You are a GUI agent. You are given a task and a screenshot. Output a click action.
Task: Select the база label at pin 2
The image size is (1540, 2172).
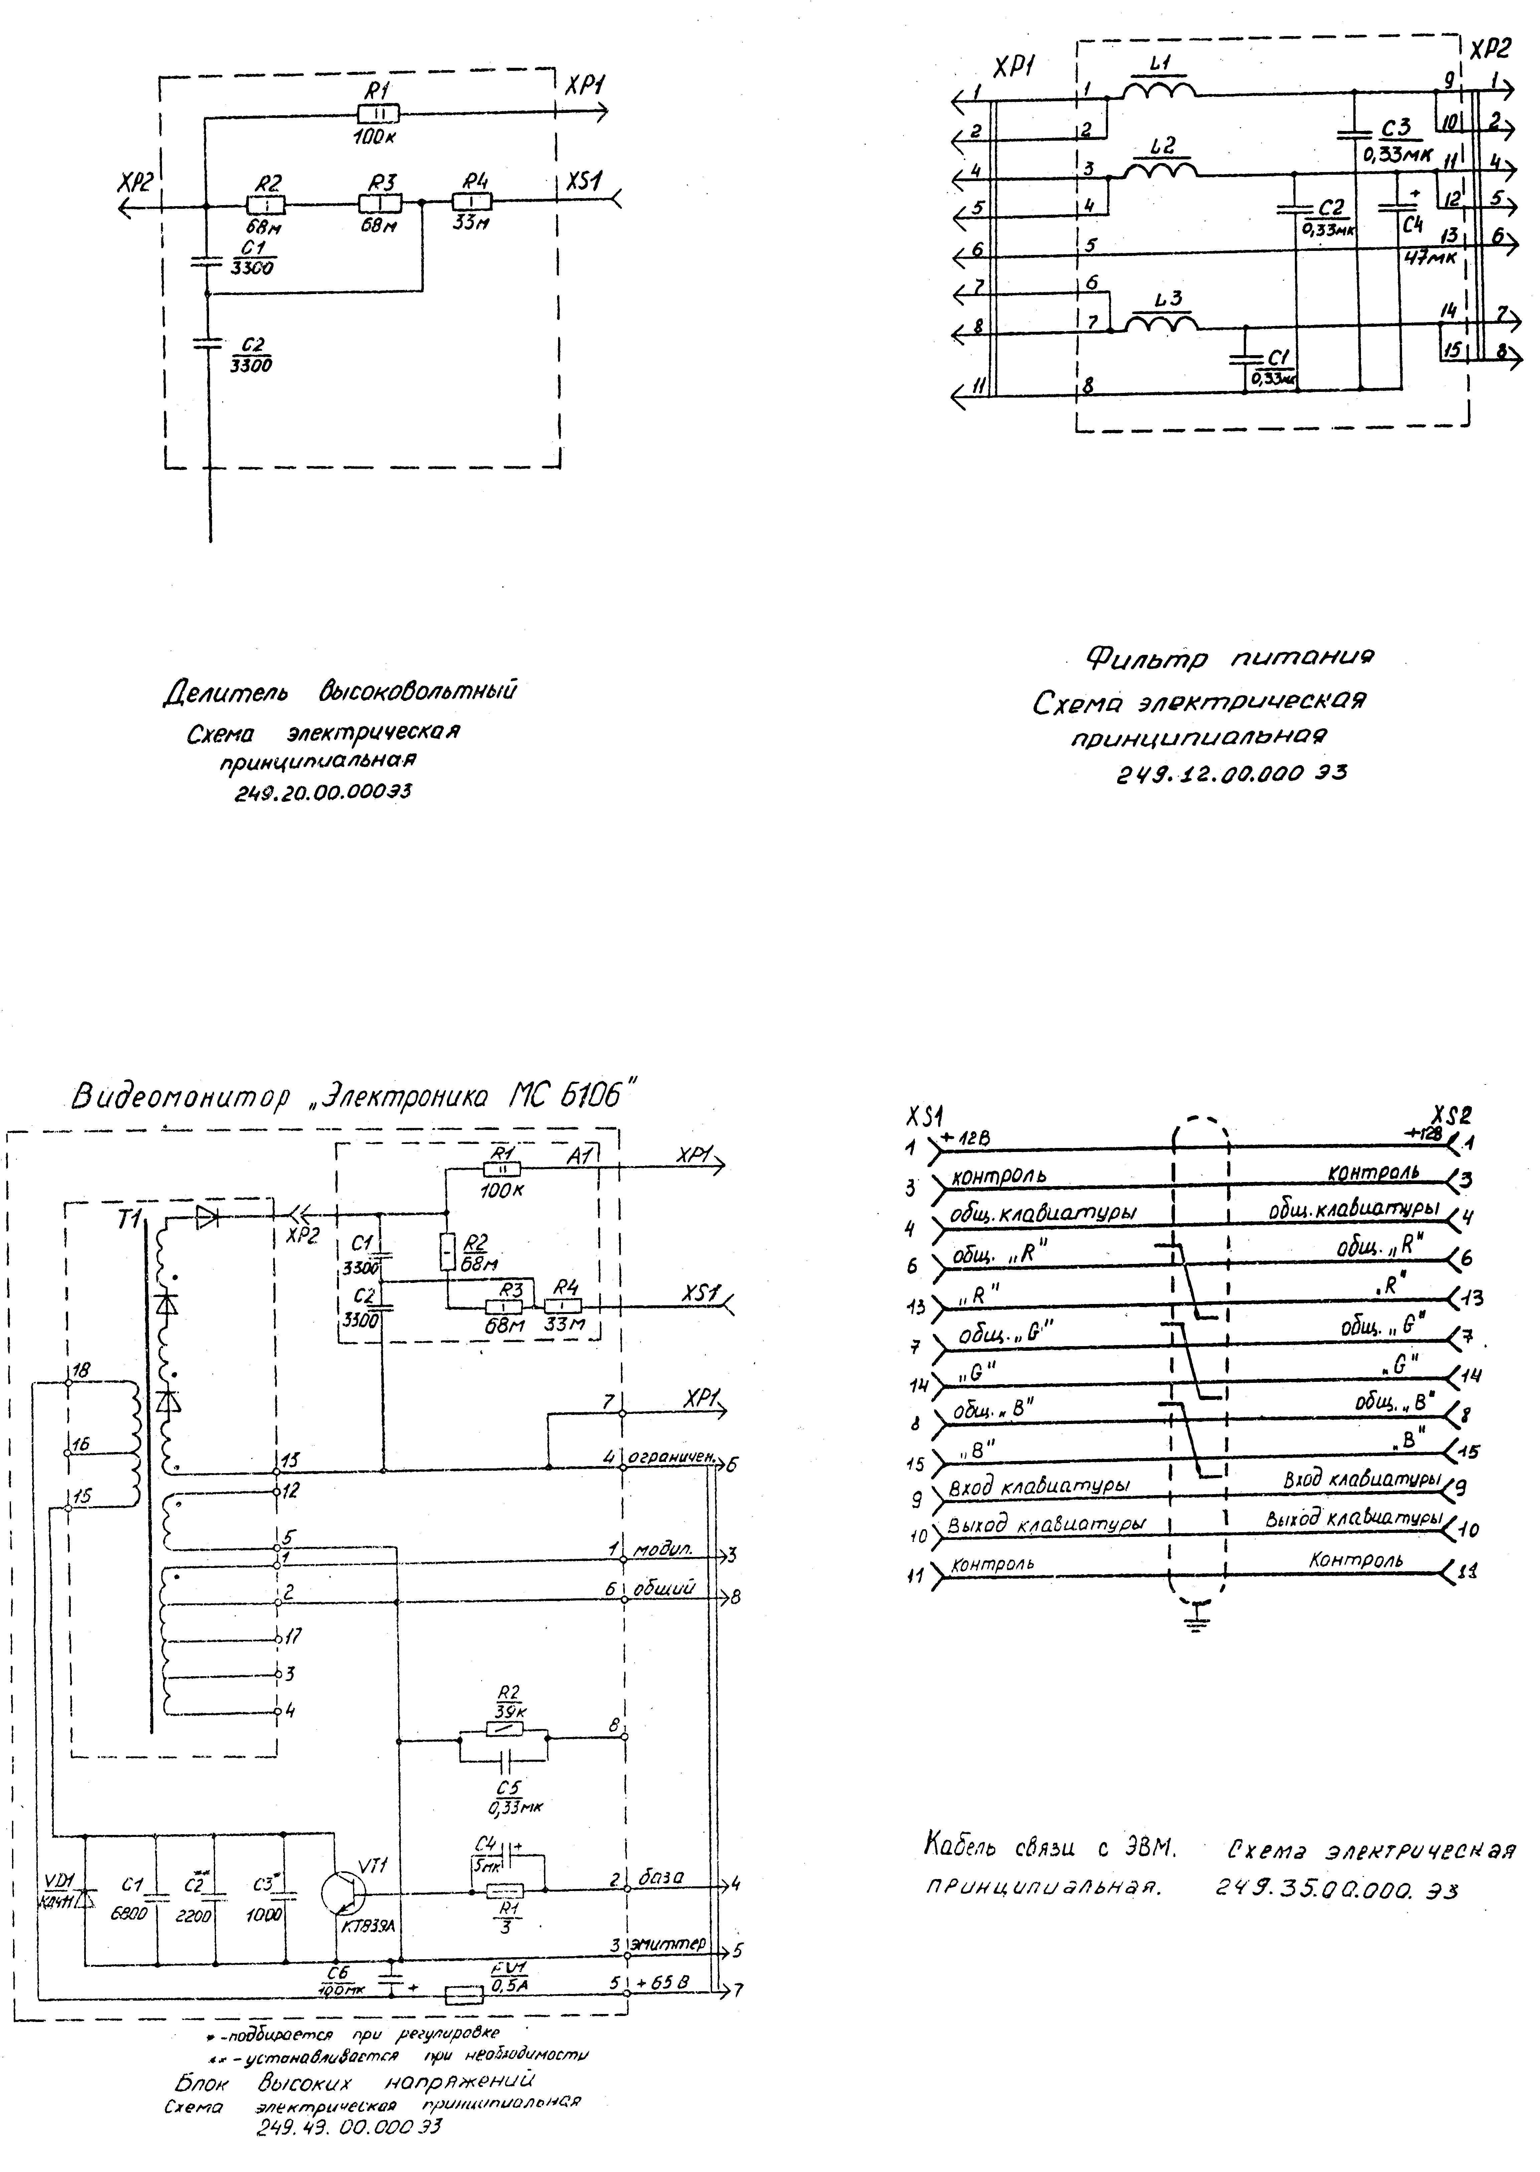pyautogui.click(x=661, y=1878)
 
